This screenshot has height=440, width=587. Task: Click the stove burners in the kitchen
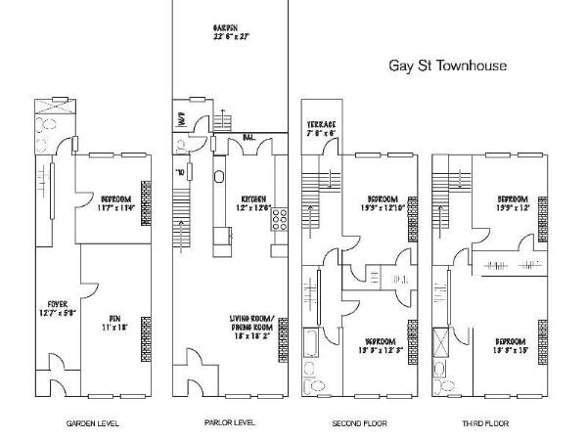(x=279, y=220)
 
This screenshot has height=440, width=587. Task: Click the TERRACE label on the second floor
(x=322, y=125)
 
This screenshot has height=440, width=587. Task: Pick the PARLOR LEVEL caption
(x=231, y=423)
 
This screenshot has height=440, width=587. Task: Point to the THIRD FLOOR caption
(x=486, y=423)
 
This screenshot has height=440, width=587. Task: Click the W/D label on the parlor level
(x=181, y=122)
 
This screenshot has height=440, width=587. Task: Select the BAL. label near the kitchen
(x=250, y=139)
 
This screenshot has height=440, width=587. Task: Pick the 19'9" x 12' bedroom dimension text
(x=514, y=208)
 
